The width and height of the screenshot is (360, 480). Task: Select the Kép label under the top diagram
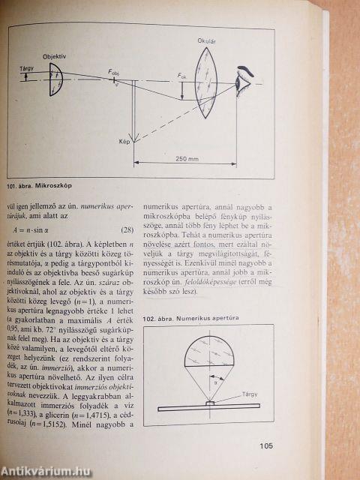click(124, 141)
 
